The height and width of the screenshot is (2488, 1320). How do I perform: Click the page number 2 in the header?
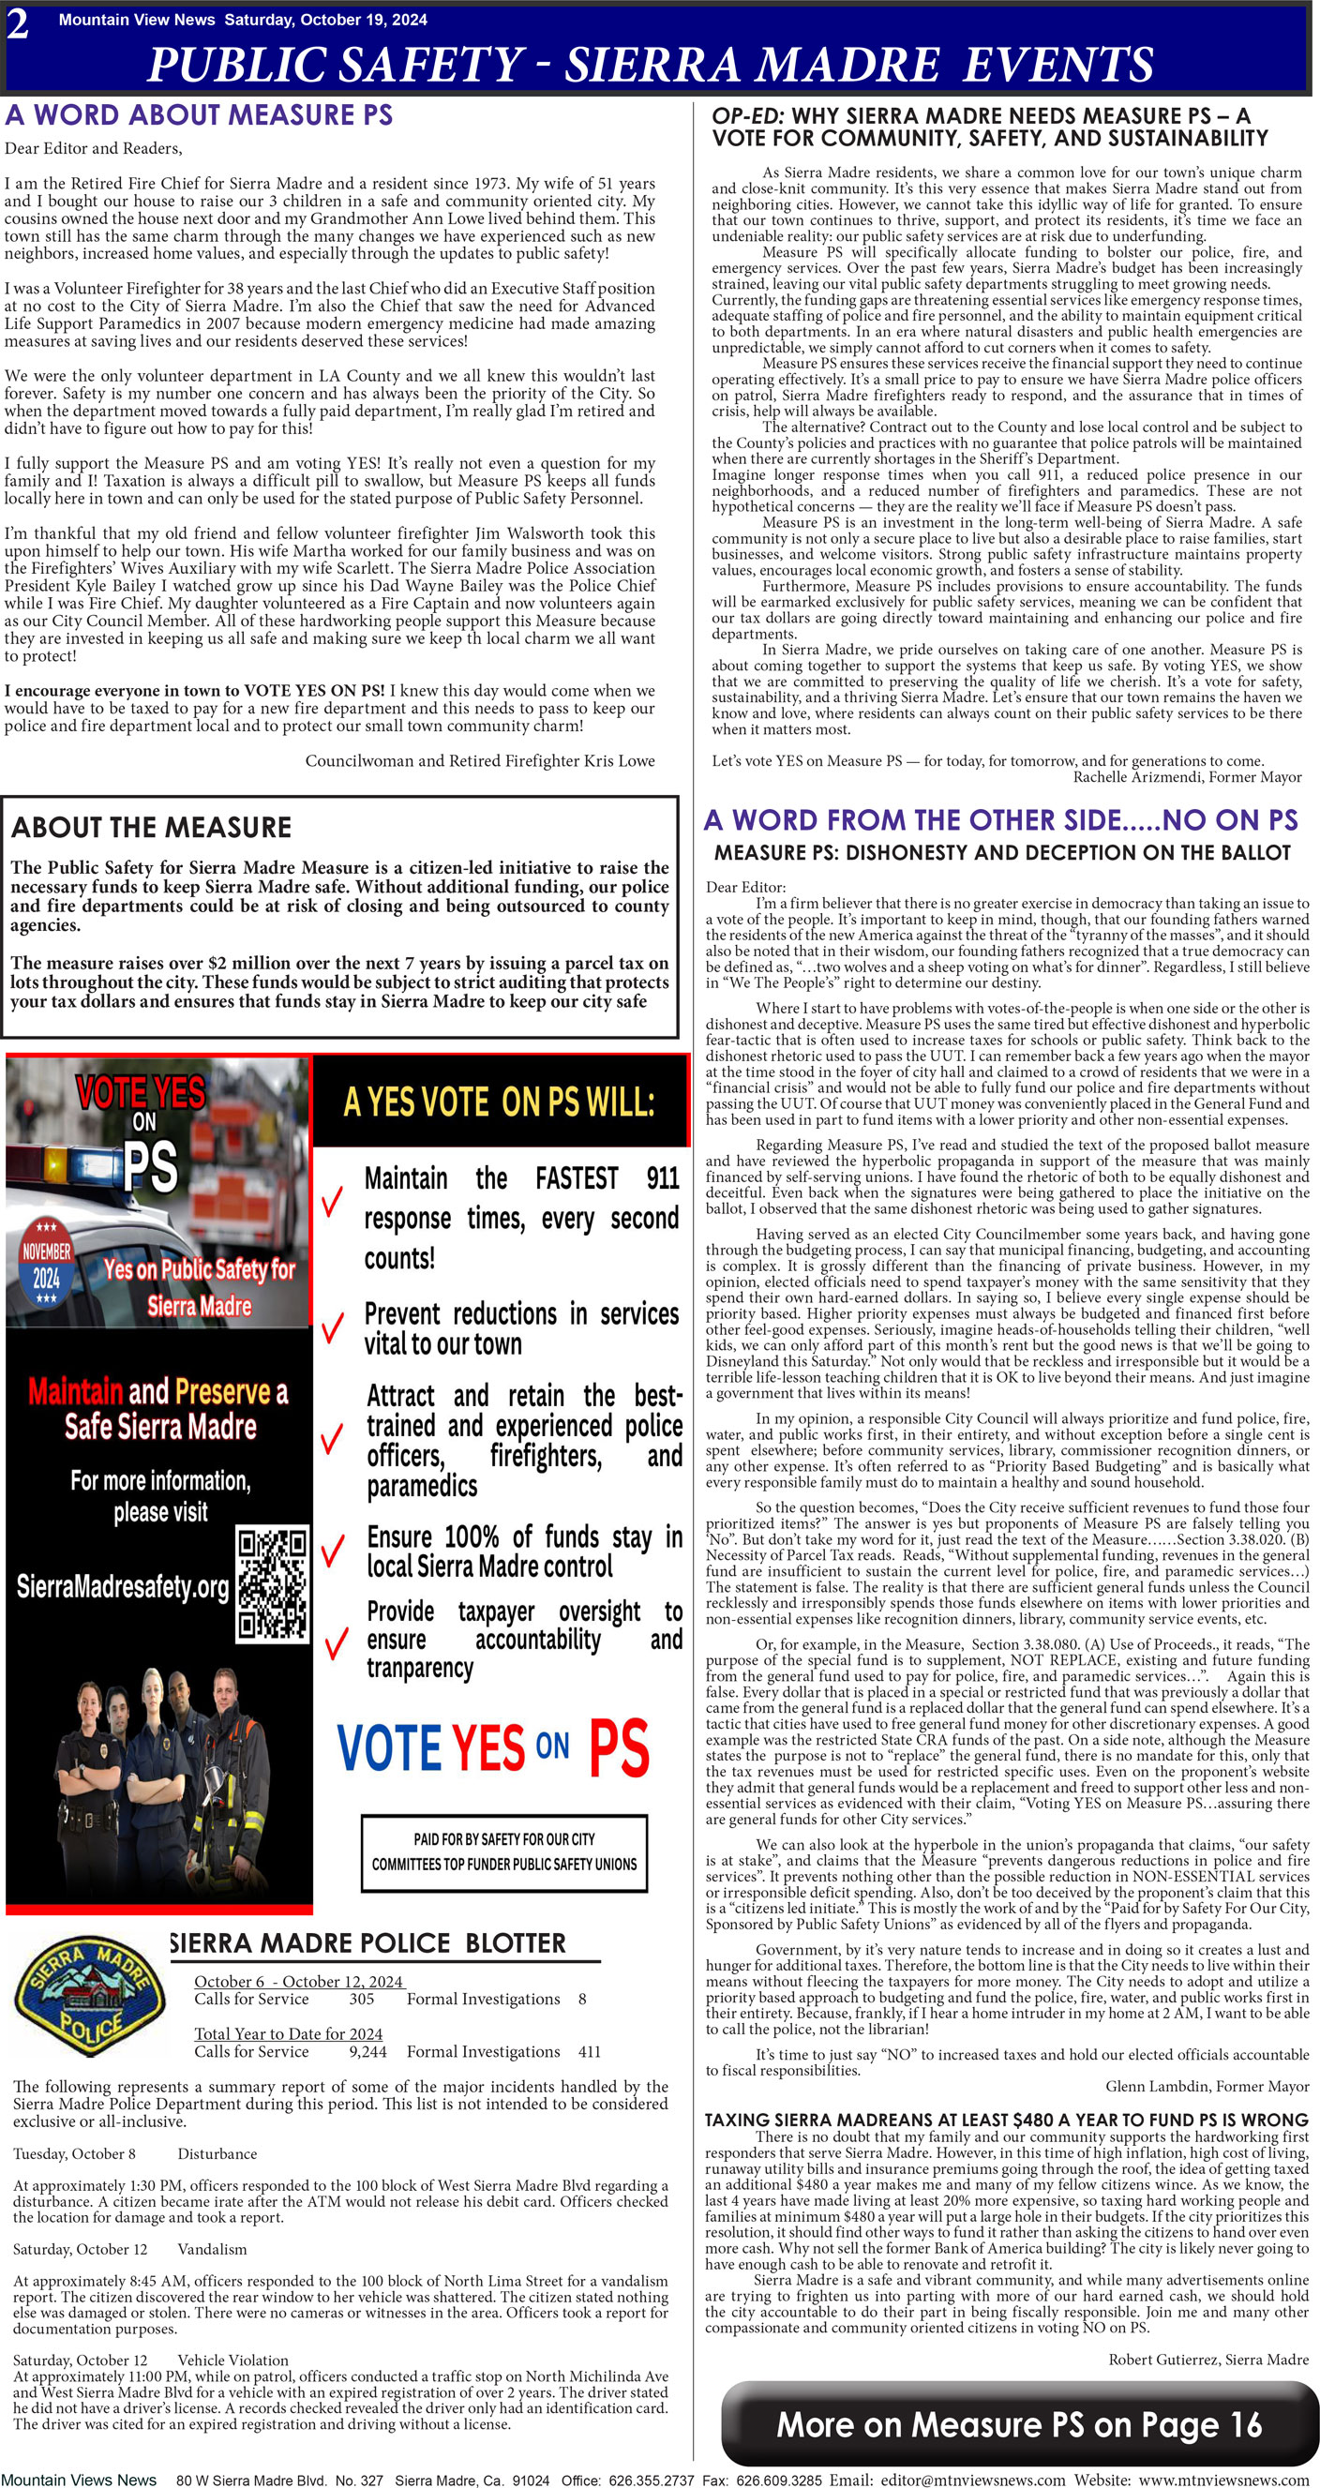18,24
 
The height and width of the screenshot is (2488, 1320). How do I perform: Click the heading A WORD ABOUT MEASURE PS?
199,115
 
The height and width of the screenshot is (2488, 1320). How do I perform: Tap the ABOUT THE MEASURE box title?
152,828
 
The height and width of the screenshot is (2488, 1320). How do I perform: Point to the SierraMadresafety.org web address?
123,1587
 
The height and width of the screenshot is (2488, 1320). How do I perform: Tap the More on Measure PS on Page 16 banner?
1019,2424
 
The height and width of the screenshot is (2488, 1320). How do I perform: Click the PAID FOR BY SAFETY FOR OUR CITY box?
504,1851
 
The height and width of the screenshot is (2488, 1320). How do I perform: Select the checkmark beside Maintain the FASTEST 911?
332,1203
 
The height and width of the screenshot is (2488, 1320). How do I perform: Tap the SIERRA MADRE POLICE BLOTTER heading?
367,1943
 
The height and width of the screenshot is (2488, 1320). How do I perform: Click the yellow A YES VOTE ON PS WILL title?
500,1102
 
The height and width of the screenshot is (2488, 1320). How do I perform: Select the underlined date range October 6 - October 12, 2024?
299,1982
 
